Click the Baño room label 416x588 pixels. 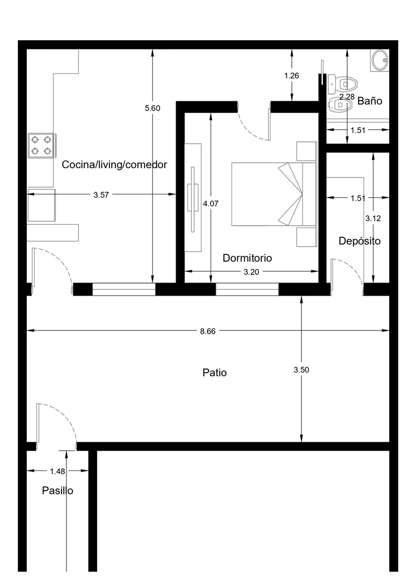tap(370, 101)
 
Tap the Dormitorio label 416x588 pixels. tap(247, 258)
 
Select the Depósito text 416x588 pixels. tap(359, 241)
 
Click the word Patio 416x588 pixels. tap(214, 372)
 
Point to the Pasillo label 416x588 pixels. tap(57, 491)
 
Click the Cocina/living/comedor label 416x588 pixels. tap(114, 164)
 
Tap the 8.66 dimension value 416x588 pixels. tap(208, 331)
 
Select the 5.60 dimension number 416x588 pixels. tap(153, 108)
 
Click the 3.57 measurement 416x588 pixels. tap(101, 194)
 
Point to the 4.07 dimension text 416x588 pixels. tap(210, 204)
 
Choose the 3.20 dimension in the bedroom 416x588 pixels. tap(251, 272)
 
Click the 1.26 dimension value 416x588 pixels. tap(291, 76)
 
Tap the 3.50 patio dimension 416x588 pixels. tap(301, 370)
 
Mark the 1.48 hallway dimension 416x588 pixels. tap(57, 471)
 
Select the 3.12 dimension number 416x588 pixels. tap(373, 219)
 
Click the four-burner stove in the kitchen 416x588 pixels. tap(41, 145)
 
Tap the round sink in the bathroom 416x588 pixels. tap(381, 60)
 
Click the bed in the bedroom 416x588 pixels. tap(273, 194)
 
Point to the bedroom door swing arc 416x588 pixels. tap(251, 130)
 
